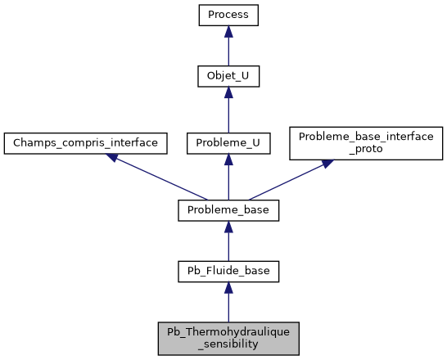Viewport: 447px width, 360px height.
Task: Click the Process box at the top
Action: coord(228,15)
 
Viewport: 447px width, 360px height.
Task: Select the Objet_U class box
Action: coord(228,78)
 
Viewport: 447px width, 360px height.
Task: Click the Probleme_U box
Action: coord(228,142)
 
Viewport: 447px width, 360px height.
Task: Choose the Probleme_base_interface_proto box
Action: coord(366,142)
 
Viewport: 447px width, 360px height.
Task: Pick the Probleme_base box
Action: coord(228,210)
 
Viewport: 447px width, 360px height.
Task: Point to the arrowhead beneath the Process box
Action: coord(228,31)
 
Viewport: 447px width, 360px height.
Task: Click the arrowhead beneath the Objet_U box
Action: coord(228,95)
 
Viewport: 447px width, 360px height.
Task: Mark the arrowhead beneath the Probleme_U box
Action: coord(228,160)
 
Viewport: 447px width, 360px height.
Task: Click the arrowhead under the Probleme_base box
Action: coord(228,227)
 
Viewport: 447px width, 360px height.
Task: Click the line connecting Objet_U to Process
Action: coord(228,52)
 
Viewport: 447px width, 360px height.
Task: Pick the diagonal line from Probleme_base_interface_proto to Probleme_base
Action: coord(287,182)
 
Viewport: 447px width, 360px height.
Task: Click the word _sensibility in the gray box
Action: coord(228,344)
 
